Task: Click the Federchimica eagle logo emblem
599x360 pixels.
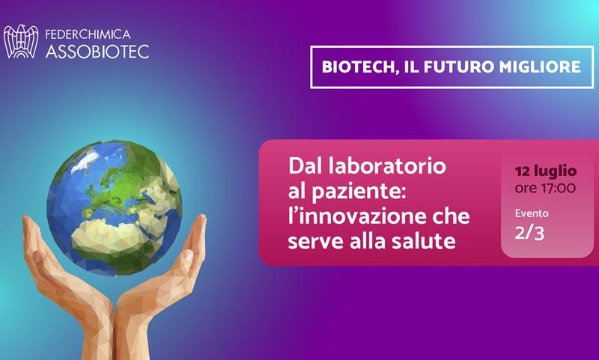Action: [x=21, y=42]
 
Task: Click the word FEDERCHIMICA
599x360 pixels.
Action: [x=88, y=34]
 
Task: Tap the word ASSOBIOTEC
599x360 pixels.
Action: [x=97, y=52]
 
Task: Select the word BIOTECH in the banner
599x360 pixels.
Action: [x=358, y=67]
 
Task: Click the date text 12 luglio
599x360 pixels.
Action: [x=546, y=171]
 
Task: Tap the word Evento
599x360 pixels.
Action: [x=532, y=213]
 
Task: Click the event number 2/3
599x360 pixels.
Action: [x=529, y=234]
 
